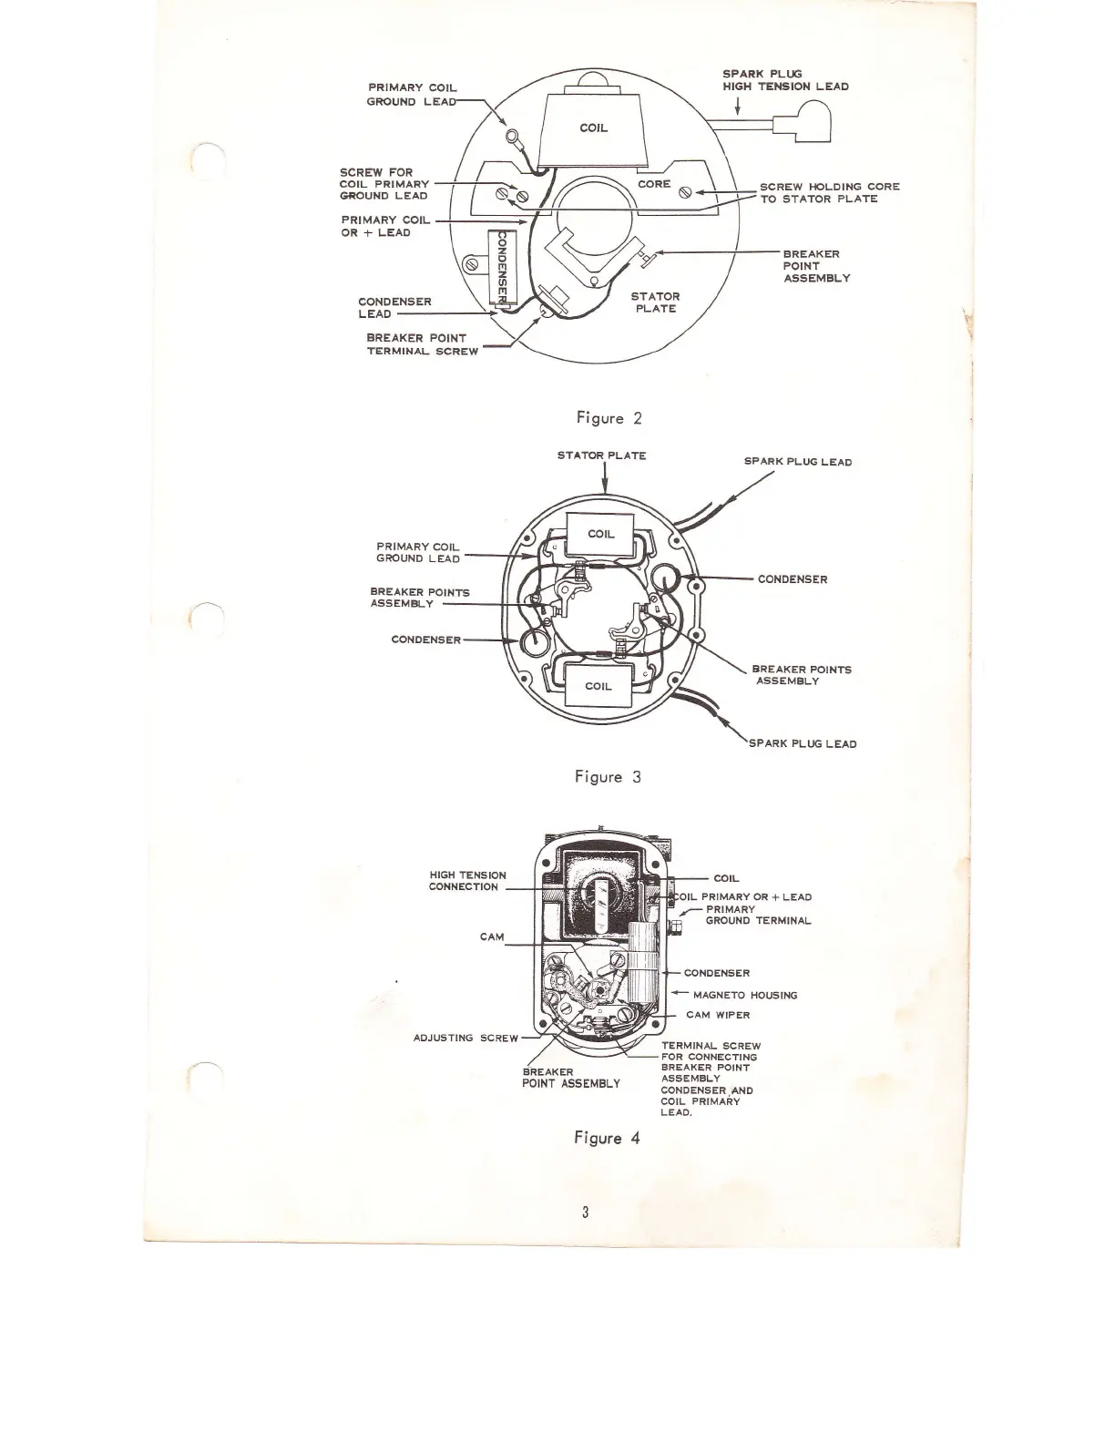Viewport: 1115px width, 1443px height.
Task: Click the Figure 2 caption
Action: [x=609, y=419]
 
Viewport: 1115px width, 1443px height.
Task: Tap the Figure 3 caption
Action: [x=608, y=777]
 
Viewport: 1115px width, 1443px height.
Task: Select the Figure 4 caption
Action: [x=607, y=1138]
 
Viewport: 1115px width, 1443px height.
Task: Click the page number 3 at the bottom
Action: [x=586, y=1212]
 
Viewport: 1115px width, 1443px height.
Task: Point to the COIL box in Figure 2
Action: [x=594, y=128]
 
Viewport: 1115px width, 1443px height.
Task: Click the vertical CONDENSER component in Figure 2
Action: [x=500, y=265]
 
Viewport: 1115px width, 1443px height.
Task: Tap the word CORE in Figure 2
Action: [x=654, y=184]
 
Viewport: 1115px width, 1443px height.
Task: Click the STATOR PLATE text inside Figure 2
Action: [x=655, y=302]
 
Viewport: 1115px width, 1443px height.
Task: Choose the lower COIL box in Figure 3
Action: [x=598, y=685]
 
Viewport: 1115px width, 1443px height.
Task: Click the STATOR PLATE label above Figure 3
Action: [x=601, y=455]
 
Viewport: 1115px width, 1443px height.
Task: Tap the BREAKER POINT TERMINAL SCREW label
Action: [x=422, y=344]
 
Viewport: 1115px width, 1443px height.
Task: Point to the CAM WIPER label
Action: [x=718, y=1015]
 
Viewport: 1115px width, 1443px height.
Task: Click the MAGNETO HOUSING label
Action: [x=744, y=995]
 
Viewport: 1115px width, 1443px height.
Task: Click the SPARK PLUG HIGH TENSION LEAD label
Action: [x=785, y=80]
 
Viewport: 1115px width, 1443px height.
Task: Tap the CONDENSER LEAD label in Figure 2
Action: [x=394, y=307]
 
